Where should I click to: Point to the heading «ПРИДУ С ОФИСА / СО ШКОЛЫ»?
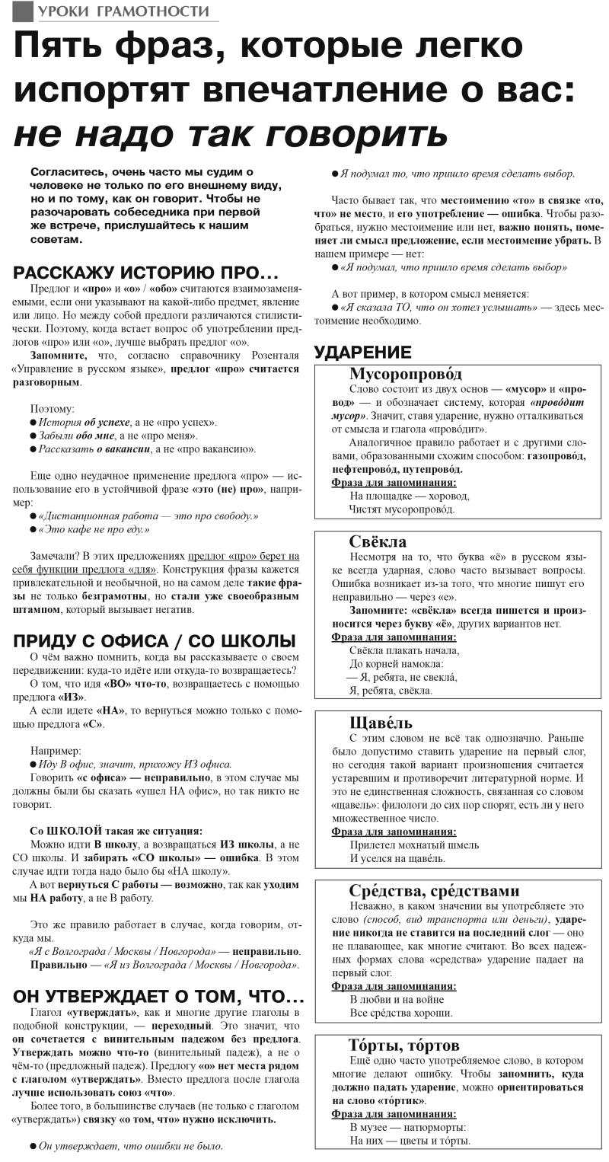pos(155,640)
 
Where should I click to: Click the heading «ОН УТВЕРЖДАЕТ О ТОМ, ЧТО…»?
pos(159,996)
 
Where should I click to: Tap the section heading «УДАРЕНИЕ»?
pos(363,352)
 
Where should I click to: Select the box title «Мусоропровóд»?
pos(406,373)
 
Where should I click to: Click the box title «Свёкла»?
pos(378,541)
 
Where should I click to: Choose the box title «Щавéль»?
pos(381,723)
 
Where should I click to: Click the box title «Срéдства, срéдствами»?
pos(434,890)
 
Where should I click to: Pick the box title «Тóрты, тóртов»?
pos(404,1045)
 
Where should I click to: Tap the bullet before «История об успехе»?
pos(33,422)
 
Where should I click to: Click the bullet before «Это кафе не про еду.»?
pos(33,529)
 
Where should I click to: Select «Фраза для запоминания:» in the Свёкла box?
pos(394,637)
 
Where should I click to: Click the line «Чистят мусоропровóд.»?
pos(401,509)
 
